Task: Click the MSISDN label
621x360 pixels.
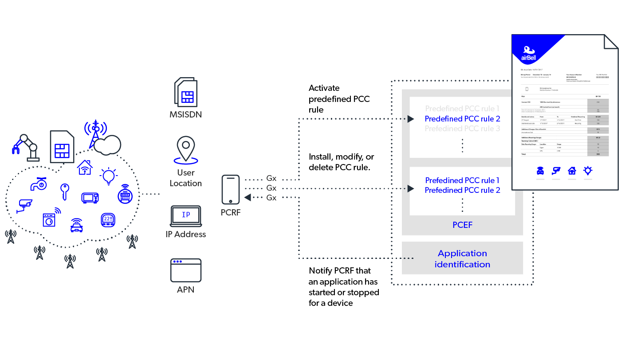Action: click(185, 114)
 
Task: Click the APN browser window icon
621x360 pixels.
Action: click(186, 270)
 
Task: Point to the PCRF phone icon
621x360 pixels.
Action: click(230, 189)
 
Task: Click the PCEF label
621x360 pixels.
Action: click(462, 225)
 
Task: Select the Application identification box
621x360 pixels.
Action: click(462, 258)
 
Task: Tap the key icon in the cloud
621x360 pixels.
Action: click(64, 192)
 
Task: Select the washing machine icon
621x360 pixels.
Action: click(50, 219)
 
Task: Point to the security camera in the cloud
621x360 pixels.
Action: click(25, 205)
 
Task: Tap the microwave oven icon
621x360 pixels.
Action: click(90, 197)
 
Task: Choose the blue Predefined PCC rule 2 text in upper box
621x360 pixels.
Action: click(462, 119)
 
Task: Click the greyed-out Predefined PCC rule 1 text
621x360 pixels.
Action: click(462, 109)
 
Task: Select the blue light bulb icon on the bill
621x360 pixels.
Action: click(588, 171)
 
